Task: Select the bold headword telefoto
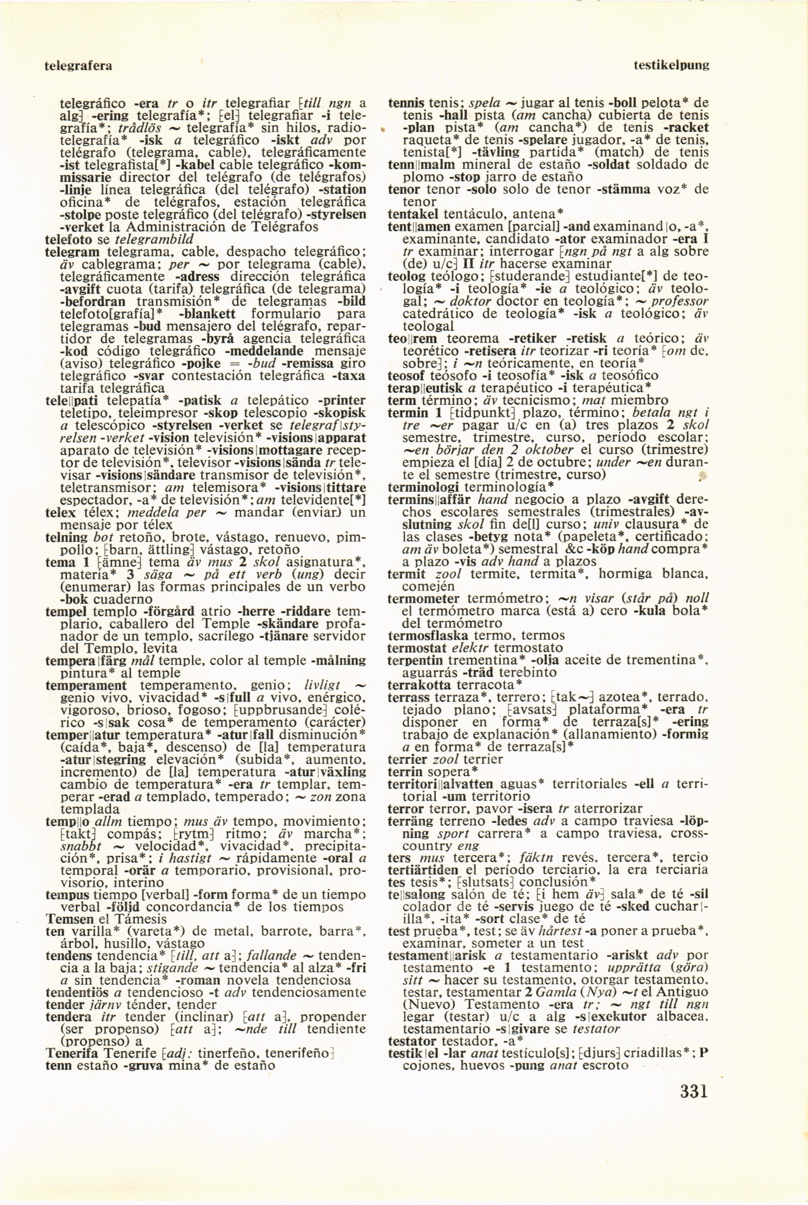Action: tap(68, 239)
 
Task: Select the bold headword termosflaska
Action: tap(428, 635)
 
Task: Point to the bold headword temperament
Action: tap(86, 686)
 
